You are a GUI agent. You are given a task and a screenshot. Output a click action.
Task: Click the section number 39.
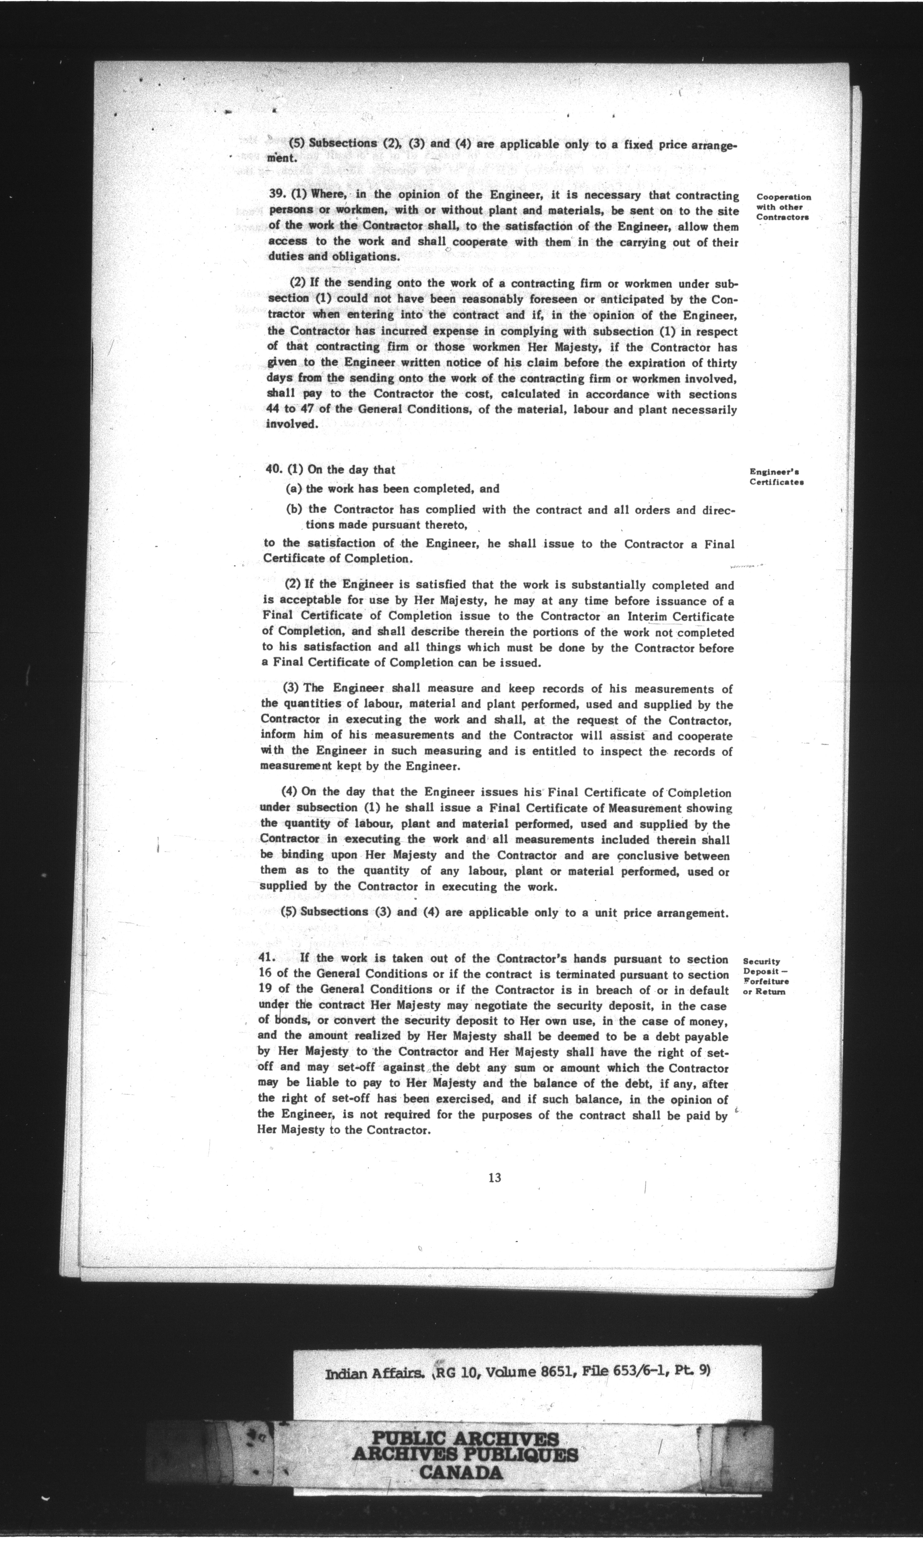(277, 194)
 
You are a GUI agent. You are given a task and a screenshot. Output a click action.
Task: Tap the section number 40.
(274, 470)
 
